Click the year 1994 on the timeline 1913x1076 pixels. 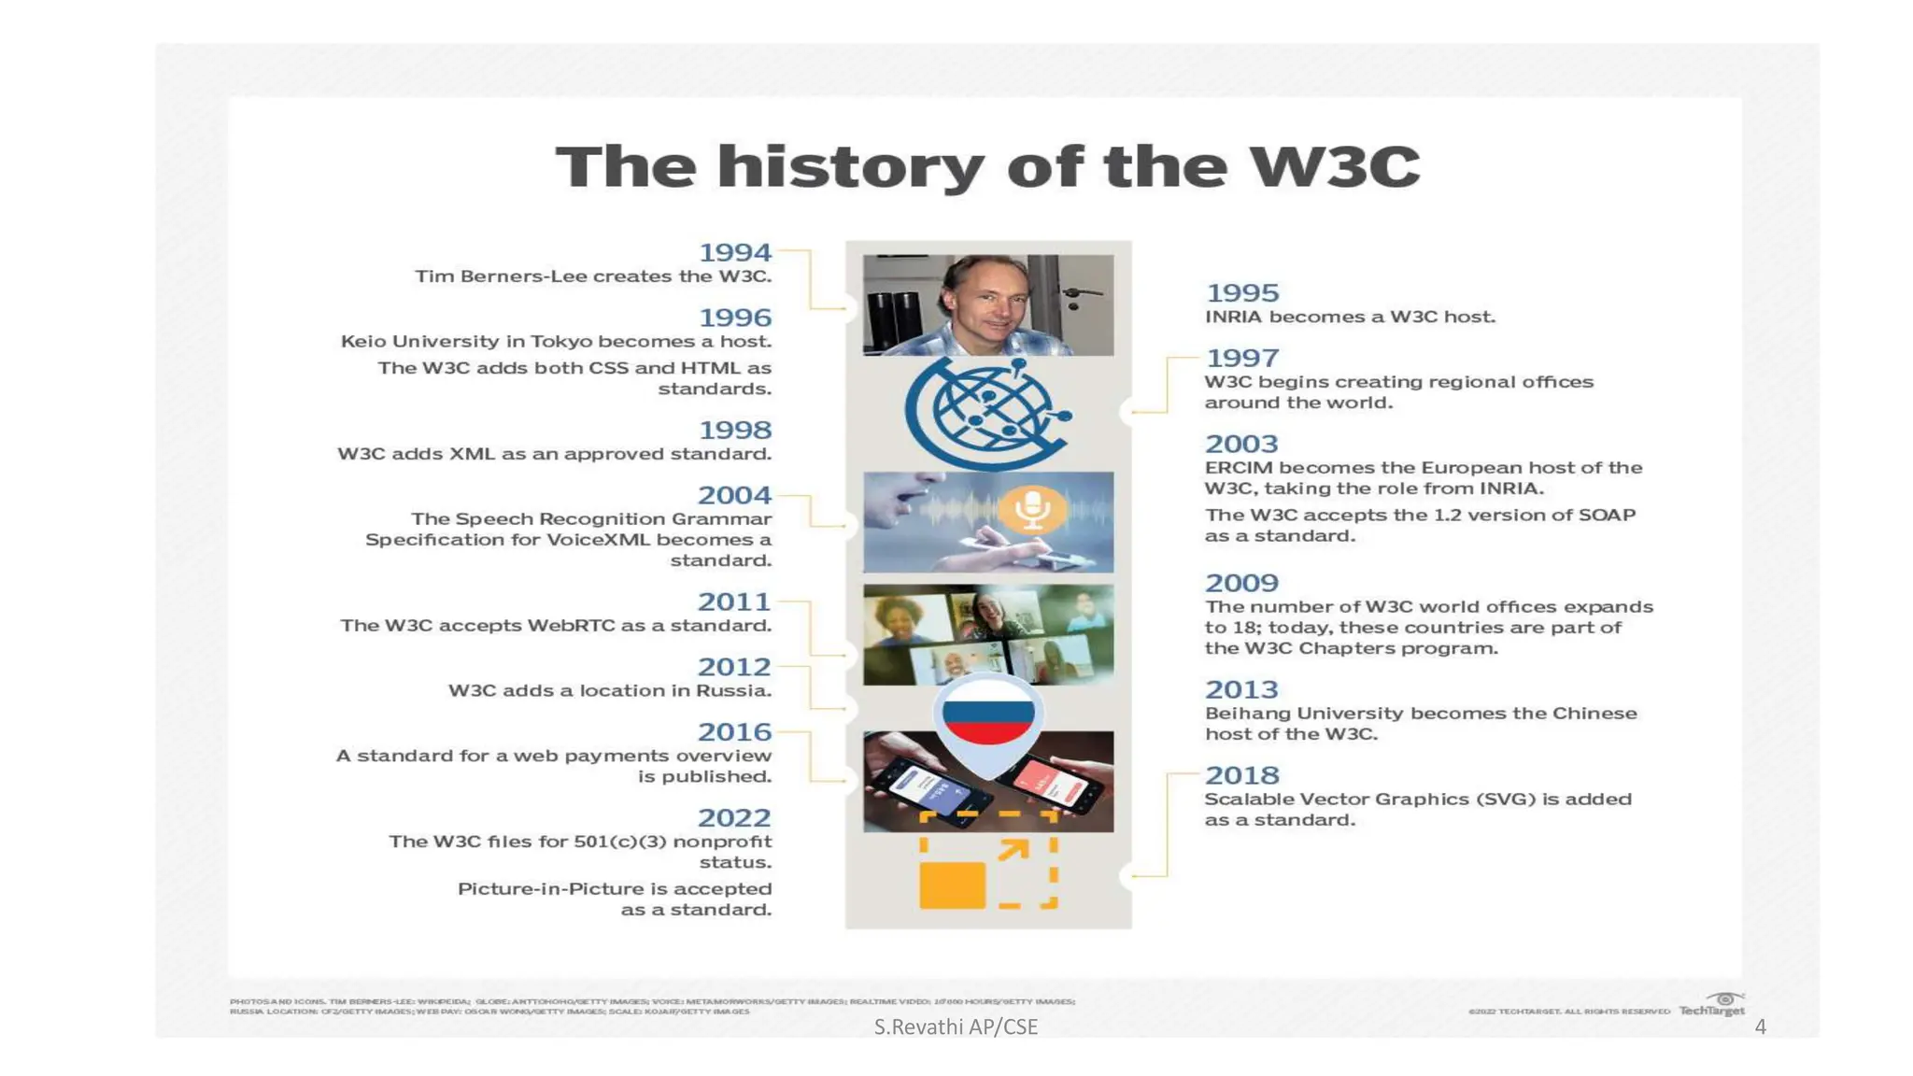tap(735, 252)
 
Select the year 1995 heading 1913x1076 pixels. tap(1241, 293)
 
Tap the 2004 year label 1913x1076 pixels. tap(734, 495)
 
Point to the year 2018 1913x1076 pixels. tap(1241, 775)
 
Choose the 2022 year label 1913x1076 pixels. tap(734, 818)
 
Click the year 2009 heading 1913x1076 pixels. tap(1241, 583)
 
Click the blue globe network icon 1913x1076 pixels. tap(986, 413)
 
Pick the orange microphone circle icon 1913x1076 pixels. tap(1032, 509)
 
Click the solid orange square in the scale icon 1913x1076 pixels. tap(952, 885)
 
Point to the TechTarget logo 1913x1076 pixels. tap(1712, 1006)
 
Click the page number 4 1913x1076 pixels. tap(1760, 1027)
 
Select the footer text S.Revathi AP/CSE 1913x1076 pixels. tap(956, 1027)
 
